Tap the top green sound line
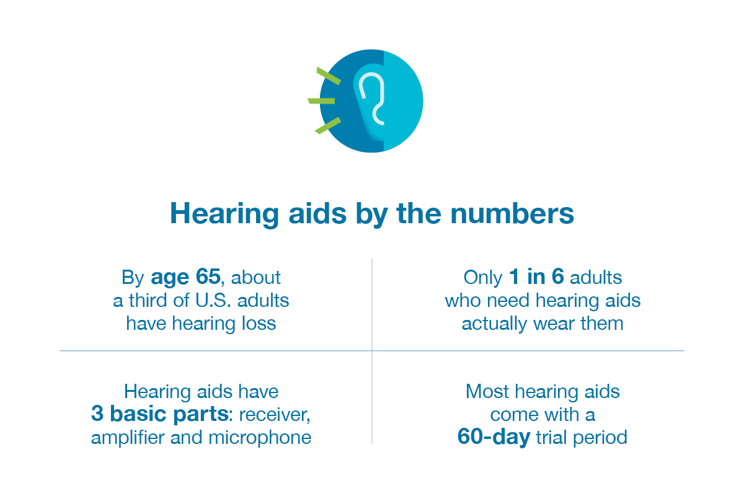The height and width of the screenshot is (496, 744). (329, 76)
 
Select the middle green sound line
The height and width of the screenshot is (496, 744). (321, 100)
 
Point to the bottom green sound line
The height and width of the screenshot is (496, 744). (328, 125)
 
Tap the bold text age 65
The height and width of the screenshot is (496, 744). (185, 277)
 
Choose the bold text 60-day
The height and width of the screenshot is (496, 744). (494, 437)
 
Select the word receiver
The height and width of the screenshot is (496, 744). (275, 414)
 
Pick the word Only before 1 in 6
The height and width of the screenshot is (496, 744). (483, 277)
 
